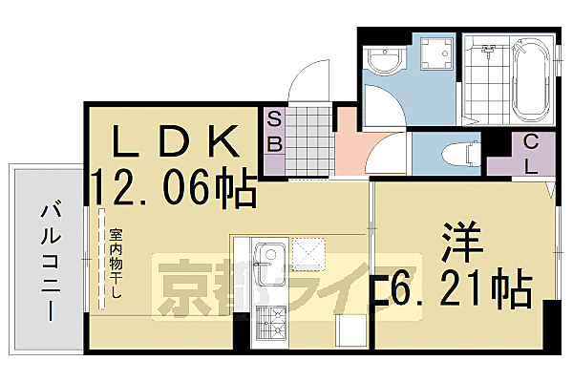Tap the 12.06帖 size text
(x=174, y=186)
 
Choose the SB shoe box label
(x=274, y=132)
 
